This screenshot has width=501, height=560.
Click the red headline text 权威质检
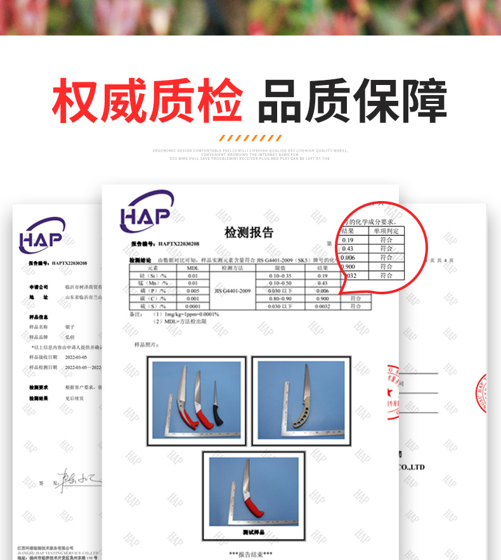pos(146,100)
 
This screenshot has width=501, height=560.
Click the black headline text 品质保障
pos(353,100)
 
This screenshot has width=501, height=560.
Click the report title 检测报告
pos(249,233)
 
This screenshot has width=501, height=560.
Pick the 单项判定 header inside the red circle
pos(386,231)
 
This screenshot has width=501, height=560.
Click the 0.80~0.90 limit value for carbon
pos(280,299)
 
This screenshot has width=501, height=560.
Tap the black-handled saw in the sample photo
pos(218,416)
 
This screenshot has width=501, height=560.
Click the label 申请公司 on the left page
pos(39,287)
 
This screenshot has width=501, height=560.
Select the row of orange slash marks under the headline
pos(251,138)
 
